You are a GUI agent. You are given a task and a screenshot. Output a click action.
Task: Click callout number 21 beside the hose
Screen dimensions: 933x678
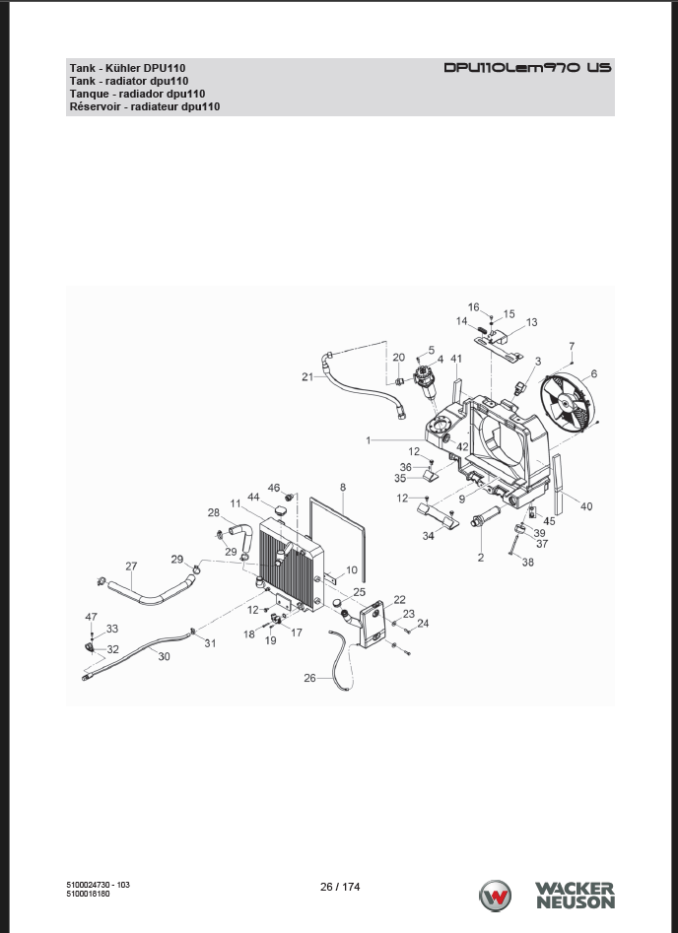[x=307, y=376]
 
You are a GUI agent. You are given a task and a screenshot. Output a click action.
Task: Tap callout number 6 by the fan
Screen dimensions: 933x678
[x=593, y=374]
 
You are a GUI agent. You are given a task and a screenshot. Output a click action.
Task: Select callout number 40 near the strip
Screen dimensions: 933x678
[x=586, y=506]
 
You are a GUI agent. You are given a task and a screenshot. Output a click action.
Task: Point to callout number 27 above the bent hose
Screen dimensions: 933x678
[x=131, y=566]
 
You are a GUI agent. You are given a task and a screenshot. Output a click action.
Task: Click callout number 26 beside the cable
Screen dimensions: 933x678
[x=309, y=678]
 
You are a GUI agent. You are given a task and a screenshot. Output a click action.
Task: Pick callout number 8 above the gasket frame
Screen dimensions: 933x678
[x=343, y=487]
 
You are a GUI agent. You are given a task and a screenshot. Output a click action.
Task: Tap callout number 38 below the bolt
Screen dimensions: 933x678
[x=528, y=563]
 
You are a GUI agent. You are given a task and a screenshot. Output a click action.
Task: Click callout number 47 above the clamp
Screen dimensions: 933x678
[x=92, y=617]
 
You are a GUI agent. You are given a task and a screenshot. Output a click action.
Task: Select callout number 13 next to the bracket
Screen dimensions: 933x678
[x=531, y=322]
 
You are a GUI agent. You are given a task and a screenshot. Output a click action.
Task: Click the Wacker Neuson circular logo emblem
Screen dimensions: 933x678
[x=496, y=897]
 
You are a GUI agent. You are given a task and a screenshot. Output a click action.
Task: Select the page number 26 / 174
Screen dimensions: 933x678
[x=340, y=887]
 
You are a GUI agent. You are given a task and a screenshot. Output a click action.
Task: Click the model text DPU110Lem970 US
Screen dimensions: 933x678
[x=527, y=68]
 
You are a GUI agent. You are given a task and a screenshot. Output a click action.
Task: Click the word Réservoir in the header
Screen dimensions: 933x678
[x=97, y=105]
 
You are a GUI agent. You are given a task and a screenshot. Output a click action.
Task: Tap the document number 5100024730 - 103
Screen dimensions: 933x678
[x=98, y=884]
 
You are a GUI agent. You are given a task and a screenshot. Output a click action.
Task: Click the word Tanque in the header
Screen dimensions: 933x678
[x=90, y=93]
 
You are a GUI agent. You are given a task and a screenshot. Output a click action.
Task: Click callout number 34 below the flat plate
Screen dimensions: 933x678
[x=429, y=537]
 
